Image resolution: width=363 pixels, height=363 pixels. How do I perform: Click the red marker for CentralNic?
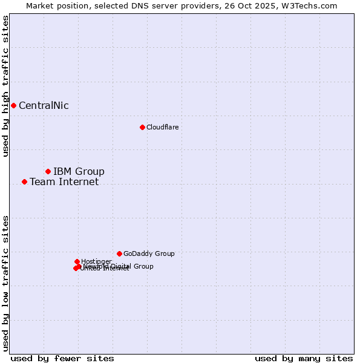(13, 105)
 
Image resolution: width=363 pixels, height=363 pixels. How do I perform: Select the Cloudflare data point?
(142, 127)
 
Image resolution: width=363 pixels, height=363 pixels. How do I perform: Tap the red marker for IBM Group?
(48, 171)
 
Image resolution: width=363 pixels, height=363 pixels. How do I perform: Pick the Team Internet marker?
(24, 181)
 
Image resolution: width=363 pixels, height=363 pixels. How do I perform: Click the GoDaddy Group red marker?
(119, 253)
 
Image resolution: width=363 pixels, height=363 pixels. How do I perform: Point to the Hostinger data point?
(77, 261)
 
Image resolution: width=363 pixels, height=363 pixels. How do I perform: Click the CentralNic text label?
(44, 106)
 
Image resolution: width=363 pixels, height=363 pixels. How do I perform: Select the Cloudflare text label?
(162, 127)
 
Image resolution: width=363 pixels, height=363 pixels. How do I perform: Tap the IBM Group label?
(79, 171)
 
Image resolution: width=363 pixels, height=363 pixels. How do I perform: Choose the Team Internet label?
(64, 181)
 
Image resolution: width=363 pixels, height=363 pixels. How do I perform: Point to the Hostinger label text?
(96, 261)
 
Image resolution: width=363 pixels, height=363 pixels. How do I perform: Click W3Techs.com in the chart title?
(312, 5)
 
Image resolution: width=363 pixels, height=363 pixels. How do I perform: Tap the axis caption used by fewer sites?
(62, 358)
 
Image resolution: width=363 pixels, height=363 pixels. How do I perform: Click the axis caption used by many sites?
(304, 358)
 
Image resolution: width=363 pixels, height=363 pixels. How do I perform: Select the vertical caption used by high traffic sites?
(5, 86)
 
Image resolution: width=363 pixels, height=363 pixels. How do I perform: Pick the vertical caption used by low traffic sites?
(5, 283)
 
